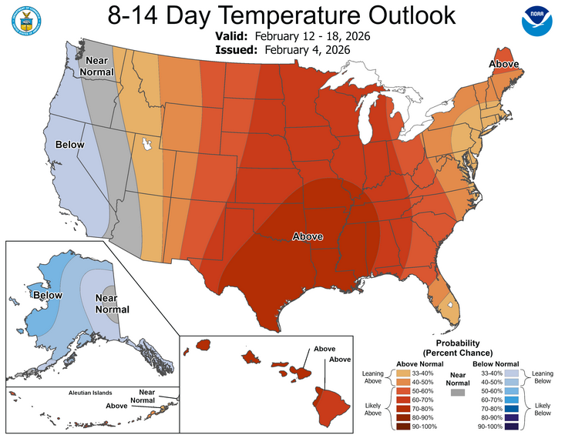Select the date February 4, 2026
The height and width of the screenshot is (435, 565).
[308, 50]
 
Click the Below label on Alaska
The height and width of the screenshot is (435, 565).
[45, 294]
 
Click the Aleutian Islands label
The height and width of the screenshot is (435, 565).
[49, 392]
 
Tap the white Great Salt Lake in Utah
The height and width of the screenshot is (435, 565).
[146, 144]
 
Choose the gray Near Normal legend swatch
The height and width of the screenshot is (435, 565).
[458, 392]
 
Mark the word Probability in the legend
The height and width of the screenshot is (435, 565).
[458, 343]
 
